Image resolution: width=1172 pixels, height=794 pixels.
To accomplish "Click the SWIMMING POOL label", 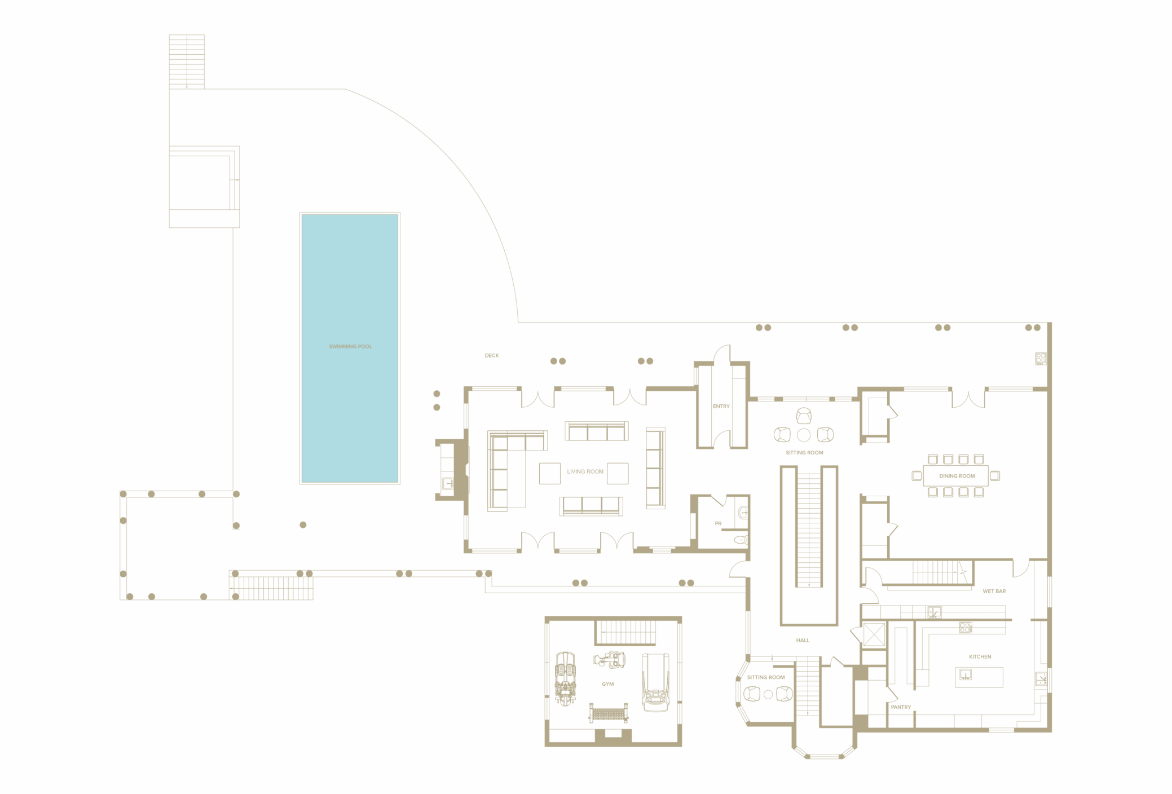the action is (350, 346).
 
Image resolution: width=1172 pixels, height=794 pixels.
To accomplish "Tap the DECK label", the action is (491, 355).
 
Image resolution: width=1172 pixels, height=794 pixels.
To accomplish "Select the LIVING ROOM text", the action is (585, 471).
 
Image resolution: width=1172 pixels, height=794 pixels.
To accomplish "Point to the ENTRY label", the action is (721, 406).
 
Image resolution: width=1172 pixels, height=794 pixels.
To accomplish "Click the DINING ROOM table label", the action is (957, 476).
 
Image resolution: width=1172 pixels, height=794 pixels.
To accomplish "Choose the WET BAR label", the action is (994, 591).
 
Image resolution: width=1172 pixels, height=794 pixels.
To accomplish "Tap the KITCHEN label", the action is (980, 656).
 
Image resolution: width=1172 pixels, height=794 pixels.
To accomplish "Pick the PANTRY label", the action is (901, 707).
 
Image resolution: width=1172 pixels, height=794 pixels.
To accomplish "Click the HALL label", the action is (802, 640).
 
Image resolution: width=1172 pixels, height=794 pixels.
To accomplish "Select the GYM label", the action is (607, 684).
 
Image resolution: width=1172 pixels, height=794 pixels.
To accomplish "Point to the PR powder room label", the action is (718, 523).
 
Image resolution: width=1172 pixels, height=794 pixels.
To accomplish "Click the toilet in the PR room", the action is (741, 540).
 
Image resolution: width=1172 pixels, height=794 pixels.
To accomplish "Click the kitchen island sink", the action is (965, 674).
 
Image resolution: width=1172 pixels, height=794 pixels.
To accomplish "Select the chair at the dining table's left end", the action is (917, 476).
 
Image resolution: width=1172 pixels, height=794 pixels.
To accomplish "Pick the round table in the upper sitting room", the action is (804, 435).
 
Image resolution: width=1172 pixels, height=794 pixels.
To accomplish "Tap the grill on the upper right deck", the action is (1041, 359).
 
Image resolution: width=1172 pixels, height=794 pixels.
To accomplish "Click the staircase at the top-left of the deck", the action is (187, 61).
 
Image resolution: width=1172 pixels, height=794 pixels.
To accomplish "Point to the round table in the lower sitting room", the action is (768, 695).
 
